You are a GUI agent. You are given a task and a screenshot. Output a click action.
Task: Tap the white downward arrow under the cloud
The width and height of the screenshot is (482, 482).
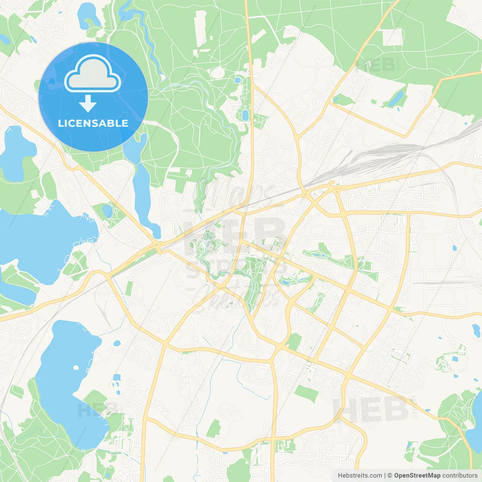click(x=88, y=103)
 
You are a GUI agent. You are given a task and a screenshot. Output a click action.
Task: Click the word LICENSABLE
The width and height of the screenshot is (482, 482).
click(x=93, y=123)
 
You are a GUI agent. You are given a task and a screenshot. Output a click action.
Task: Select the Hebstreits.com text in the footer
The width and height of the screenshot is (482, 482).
click(x=360, y=476)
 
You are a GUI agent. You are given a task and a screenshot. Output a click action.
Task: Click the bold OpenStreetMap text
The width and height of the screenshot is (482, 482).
click(x=417, y=476)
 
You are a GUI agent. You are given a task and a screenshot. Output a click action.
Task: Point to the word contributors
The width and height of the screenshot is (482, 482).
click(x=460, y=476)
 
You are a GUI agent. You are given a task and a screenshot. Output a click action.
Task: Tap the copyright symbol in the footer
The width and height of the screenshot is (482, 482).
click(x=390, y=476)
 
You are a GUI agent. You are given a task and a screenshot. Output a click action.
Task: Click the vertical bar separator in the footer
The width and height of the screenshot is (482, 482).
click(x=385, y=476)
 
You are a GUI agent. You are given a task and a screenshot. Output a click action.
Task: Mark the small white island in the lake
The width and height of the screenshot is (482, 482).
click(x=76, y=368)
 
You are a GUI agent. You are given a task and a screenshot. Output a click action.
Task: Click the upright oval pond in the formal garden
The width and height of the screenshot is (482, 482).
click(x=246, y=115)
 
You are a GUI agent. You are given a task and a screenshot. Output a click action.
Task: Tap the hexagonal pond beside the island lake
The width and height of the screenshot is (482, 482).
click(x=117, y=343)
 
